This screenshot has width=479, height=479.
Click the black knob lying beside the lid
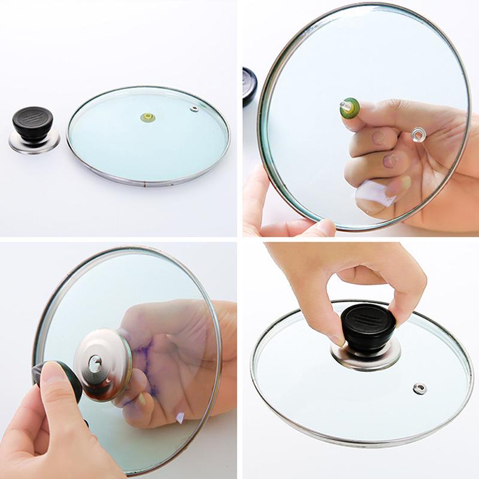[33, 122]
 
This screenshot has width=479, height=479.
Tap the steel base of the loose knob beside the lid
[34, 143]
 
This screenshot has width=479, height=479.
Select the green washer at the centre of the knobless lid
[147, 117]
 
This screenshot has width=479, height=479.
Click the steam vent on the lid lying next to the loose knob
[194, 108]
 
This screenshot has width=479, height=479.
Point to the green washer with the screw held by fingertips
[350, 108]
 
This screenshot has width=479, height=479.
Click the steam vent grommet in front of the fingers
[417, 135]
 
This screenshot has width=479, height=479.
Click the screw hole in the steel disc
[95, 361]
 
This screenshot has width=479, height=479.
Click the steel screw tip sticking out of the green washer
[344, 104]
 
